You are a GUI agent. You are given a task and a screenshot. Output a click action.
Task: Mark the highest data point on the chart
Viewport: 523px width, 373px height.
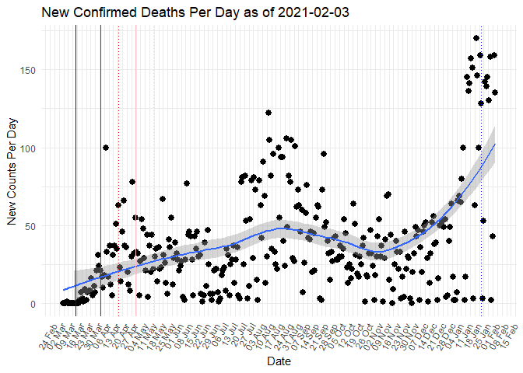pos(476,38)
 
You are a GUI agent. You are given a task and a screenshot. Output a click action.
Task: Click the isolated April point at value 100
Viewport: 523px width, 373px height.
pos(105,148)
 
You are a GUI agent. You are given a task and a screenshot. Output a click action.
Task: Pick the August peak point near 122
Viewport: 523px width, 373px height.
pos(268,113)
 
